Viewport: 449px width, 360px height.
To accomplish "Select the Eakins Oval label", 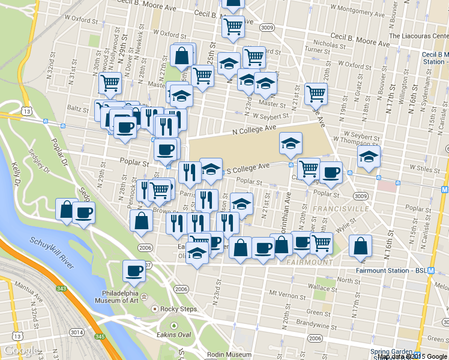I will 173,335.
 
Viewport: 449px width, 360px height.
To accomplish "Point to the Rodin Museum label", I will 229,355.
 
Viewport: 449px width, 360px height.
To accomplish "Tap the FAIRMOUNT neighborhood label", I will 309,263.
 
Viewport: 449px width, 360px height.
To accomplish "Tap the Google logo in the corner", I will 21,350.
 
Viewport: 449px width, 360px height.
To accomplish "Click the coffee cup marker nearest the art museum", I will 133,271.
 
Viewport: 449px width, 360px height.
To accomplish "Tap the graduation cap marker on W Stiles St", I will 368,157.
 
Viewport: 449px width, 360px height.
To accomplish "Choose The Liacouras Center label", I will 418,35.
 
